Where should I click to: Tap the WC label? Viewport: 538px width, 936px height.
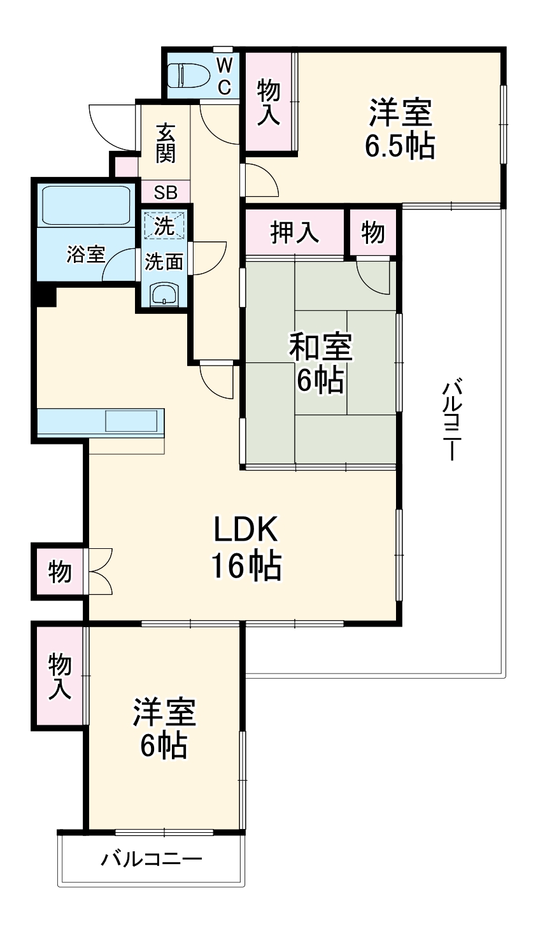coord(225,76)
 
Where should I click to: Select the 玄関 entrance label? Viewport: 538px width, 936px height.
coord(165,143)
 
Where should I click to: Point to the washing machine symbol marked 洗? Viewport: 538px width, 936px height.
coord(165,226)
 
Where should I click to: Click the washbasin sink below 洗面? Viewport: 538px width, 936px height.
coord(165,295)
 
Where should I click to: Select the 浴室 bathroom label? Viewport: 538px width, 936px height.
coord(86,255)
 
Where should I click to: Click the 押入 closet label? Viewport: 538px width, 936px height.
coord(295,233)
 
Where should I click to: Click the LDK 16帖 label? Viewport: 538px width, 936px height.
coord(246,546)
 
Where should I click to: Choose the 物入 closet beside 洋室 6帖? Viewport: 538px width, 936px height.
coord(60,676)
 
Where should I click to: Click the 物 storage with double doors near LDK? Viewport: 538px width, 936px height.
coord(59,572)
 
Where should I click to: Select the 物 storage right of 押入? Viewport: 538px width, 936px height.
coord(373,233)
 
